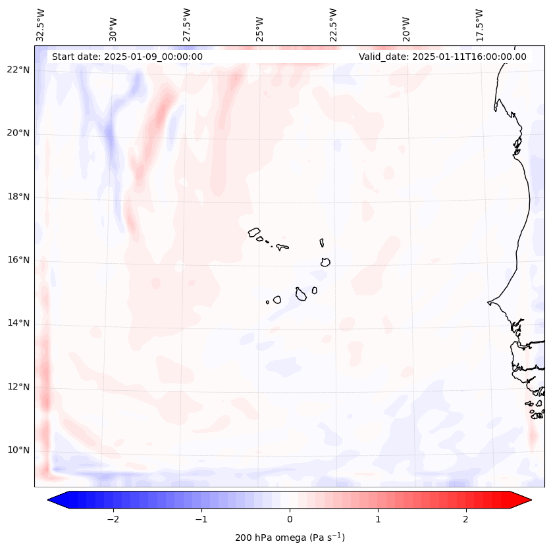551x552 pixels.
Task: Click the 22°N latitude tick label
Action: click(18, 70)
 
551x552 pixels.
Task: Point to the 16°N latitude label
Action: click(18, 260)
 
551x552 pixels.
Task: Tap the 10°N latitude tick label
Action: click(18, 450)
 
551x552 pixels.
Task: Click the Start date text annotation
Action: click(127, 57)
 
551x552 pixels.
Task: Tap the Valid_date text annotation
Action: click(442, 57)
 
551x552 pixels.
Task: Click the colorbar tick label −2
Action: click(113, 518)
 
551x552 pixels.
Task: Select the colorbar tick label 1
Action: click(378, 518)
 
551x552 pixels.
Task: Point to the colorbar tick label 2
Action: click(466, 518)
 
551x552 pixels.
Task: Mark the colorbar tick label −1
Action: click(201, 518)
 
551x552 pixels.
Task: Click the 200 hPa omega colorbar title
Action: click(290, 538)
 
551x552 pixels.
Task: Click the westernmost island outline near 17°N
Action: click(254, 232)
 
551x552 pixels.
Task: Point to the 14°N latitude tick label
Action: click(18, 323)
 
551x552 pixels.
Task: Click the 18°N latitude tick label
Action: click(18, 197)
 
